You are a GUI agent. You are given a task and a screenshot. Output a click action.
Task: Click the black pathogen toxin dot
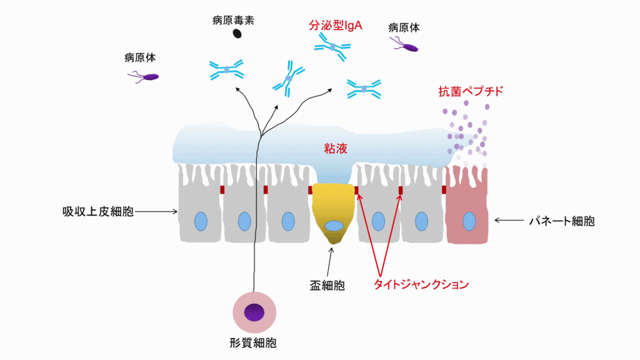coord(237,34)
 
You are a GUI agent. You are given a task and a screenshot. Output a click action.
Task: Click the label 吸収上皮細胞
coord(97,212)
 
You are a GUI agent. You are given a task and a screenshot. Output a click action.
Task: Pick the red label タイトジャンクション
coord(421,285)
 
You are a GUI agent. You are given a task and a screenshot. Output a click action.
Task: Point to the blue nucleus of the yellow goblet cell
coord(334,226)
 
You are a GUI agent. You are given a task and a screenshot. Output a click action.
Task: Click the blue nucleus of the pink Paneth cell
coord(468,221)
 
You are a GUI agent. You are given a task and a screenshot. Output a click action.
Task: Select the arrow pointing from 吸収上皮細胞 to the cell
coord(156,212)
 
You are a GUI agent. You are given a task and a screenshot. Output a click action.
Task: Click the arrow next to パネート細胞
coord(509,220)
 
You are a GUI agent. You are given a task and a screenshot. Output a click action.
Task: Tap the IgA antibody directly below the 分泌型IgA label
coord(332,47)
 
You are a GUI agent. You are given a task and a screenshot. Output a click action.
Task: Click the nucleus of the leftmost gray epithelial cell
coord(201,221)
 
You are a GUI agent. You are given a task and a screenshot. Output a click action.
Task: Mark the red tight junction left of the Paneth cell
coord(444,189)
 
